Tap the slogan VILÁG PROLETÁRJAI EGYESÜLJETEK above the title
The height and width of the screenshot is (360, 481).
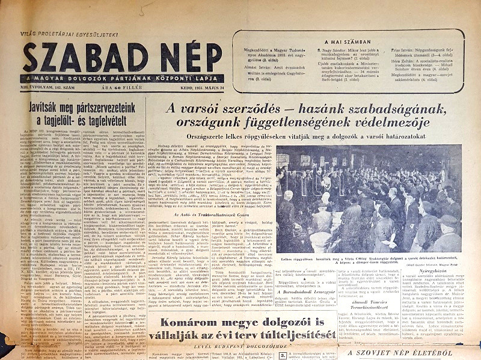click(x=66, y=35)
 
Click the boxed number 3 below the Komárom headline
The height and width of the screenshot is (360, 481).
click(x=284, y=356)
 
